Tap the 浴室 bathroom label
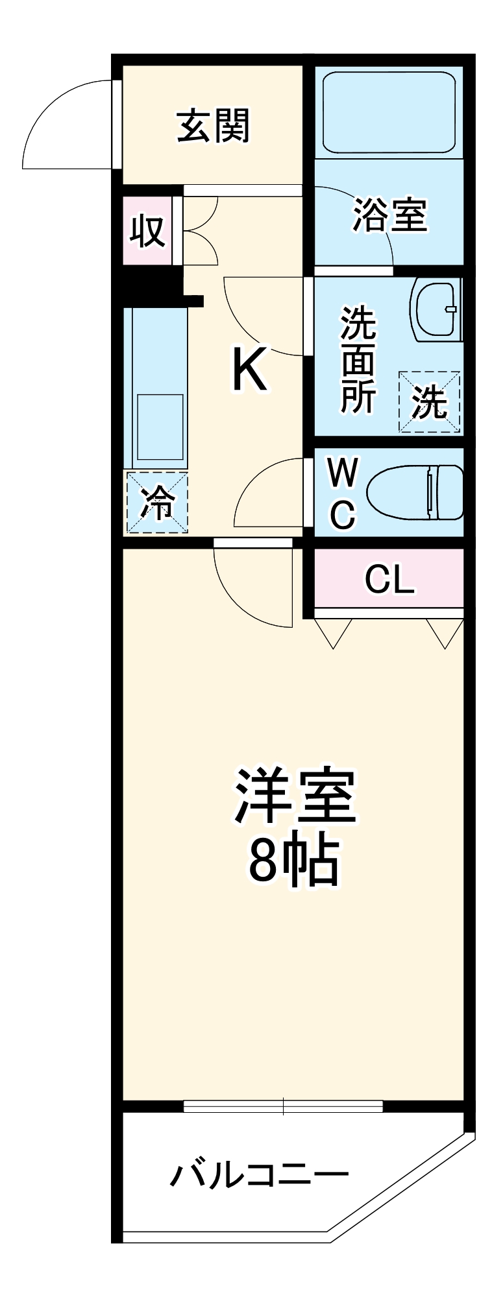pos(390,215)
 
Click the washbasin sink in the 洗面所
pos(436,310)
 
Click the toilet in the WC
pos(415,492)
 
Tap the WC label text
pos(342,494)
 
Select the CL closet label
pos(389,578)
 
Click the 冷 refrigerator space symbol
pos(157,503)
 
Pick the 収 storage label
pos(148,230)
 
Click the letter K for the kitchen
pos(249,370)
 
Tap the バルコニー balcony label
pos(259,1174)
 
